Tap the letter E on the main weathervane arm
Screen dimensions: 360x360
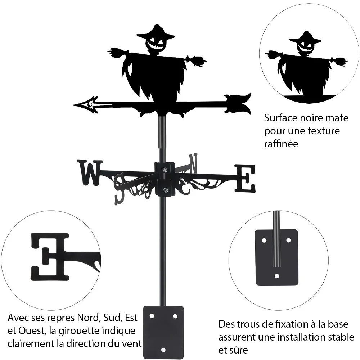click(x=245, y=179)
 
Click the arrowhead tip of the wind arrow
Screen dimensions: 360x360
click(x=73, y=105)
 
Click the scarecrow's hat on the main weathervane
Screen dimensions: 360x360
click(x=156, y=33)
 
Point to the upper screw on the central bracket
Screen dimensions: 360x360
click(x=165, y=170)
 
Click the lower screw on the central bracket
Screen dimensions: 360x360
click(x=165, y=190)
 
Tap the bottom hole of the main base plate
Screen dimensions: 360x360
click(x=163, y=350)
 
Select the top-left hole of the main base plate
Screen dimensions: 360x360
click(x=152, y=316)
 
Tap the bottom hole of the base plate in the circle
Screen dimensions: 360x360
click(x=277, y=276)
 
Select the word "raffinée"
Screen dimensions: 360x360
click(x=281, y=144)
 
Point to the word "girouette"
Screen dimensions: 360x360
click(x=79, y=331)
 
